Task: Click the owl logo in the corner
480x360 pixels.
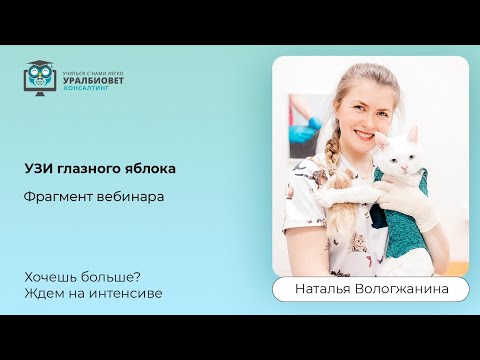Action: [x=40, y=79]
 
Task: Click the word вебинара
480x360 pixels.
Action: [x=130, y=196]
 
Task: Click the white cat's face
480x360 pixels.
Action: [x=403, y=157]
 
